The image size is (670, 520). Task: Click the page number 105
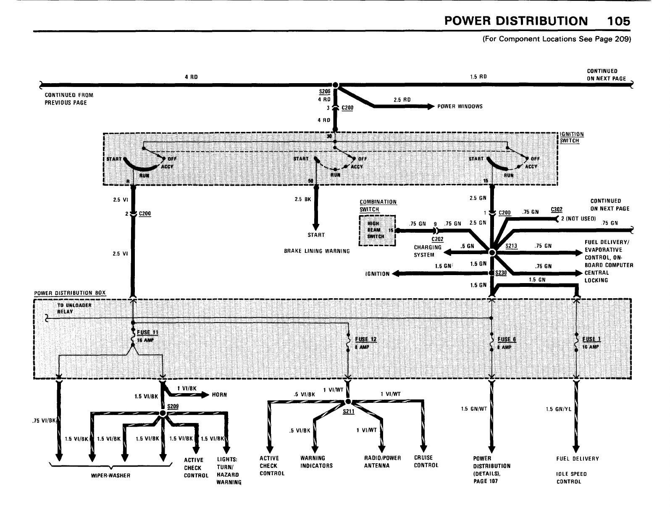point(618,21)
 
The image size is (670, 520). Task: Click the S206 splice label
point(325,91)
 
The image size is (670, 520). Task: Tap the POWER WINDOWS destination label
point(460,106)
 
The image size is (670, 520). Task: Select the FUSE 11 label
point(150,333)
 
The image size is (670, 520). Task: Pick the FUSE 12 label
point(366,339)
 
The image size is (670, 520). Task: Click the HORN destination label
point(219,395)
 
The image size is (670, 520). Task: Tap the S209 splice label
point(173,406)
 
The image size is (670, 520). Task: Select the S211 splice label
point(349,412)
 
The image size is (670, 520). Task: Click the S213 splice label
point(511,246)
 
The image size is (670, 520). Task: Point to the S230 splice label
point(501,273)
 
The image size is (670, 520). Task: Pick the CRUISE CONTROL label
point(426,462)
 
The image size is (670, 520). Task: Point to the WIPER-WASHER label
point(111,475)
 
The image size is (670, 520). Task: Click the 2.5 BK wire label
point(303,200)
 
